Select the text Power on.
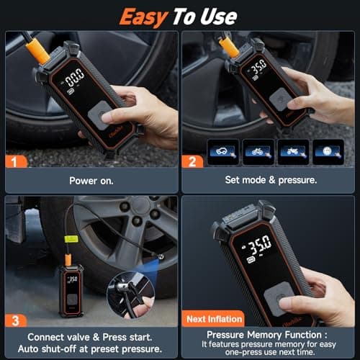[x=90, y=182]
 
